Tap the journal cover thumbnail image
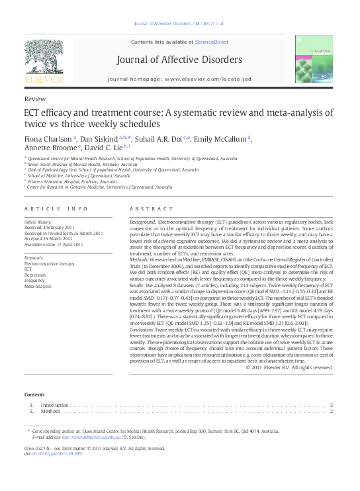click(315, 59)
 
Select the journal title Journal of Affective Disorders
click(179, 61)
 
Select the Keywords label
click(34, 257)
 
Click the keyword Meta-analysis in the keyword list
click(38, 287)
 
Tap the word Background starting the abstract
click(143, 222)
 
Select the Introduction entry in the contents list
click(54, 404)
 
